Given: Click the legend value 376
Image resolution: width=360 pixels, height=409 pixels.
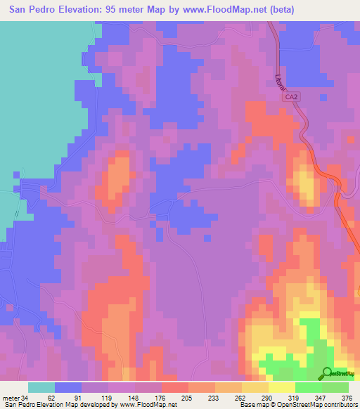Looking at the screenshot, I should tap(347, 398).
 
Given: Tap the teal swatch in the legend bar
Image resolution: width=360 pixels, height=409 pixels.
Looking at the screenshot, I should tap(41, 387).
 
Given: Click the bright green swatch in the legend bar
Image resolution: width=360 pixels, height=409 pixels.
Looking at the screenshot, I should tap(308, 387).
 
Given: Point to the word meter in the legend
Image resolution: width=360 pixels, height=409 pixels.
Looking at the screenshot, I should tap(12, 398).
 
